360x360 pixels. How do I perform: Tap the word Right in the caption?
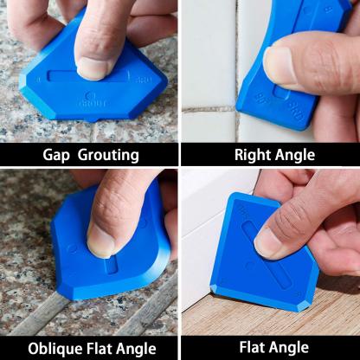pos(253,156)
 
